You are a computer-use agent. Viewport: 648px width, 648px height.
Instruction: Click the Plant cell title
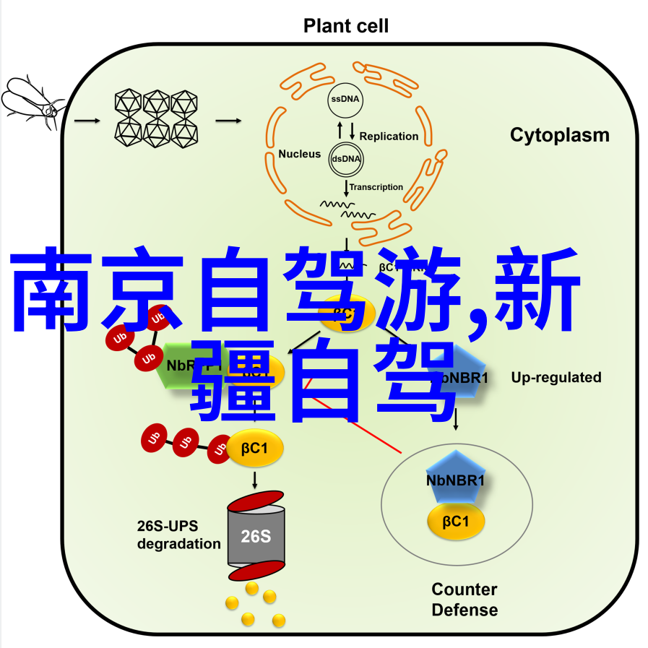[x=345, y=27]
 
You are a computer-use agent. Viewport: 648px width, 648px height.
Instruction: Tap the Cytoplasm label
[x=559, y=135]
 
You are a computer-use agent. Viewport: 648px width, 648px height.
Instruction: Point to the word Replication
[x=389, y=136]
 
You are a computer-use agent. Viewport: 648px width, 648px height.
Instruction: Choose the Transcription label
[x=376, y=187]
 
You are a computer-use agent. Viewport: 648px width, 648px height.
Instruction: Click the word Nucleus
[x=299, y=154]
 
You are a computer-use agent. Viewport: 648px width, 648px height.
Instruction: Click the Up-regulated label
[x=556, y=377]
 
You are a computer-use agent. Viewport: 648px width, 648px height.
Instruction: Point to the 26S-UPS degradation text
[x=178, y=535]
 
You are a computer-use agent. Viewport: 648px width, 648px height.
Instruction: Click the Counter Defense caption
[x=465, y=600]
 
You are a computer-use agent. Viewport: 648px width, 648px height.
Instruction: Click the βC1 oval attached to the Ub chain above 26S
[x=256, y=448]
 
